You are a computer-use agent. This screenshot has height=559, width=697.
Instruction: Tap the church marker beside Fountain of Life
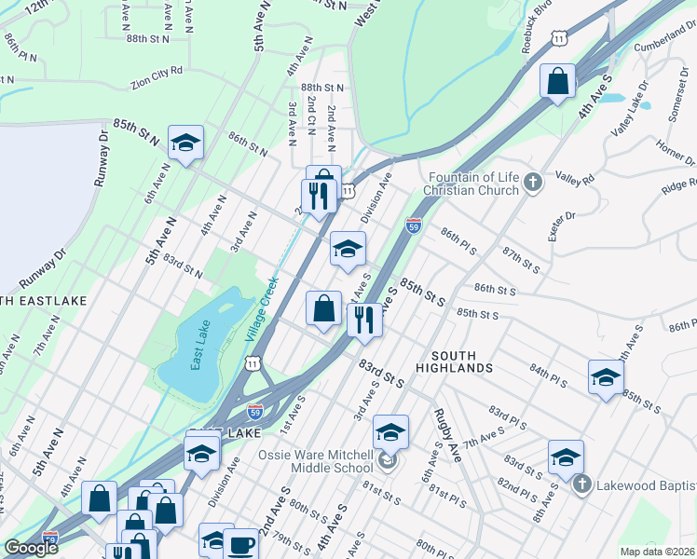tap(532, 183)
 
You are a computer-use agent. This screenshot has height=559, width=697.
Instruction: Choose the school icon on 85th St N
tap(185, 143)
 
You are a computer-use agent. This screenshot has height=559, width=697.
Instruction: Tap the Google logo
tap(31, 548)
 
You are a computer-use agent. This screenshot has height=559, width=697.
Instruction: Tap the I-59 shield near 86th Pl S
tap(414, 225)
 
